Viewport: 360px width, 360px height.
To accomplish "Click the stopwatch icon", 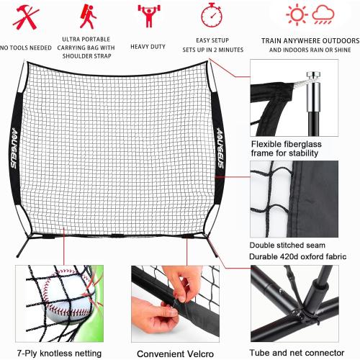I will pyautogui.click(x=211, y=15).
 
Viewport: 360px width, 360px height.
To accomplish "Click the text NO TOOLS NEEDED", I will pyautogui.click(x=27, y=48).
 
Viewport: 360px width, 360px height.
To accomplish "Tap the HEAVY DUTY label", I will pyautogui.click(x=148, y=46).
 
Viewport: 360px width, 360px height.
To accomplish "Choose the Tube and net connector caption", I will pyautogui.click(x=297, y=351).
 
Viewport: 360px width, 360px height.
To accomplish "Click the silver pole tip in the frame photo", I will pyautogui.click(x=312, y=76).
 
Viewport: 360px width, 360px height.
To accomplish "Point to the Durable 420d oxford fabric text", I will pyautogui.click(x=297, y=256).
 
